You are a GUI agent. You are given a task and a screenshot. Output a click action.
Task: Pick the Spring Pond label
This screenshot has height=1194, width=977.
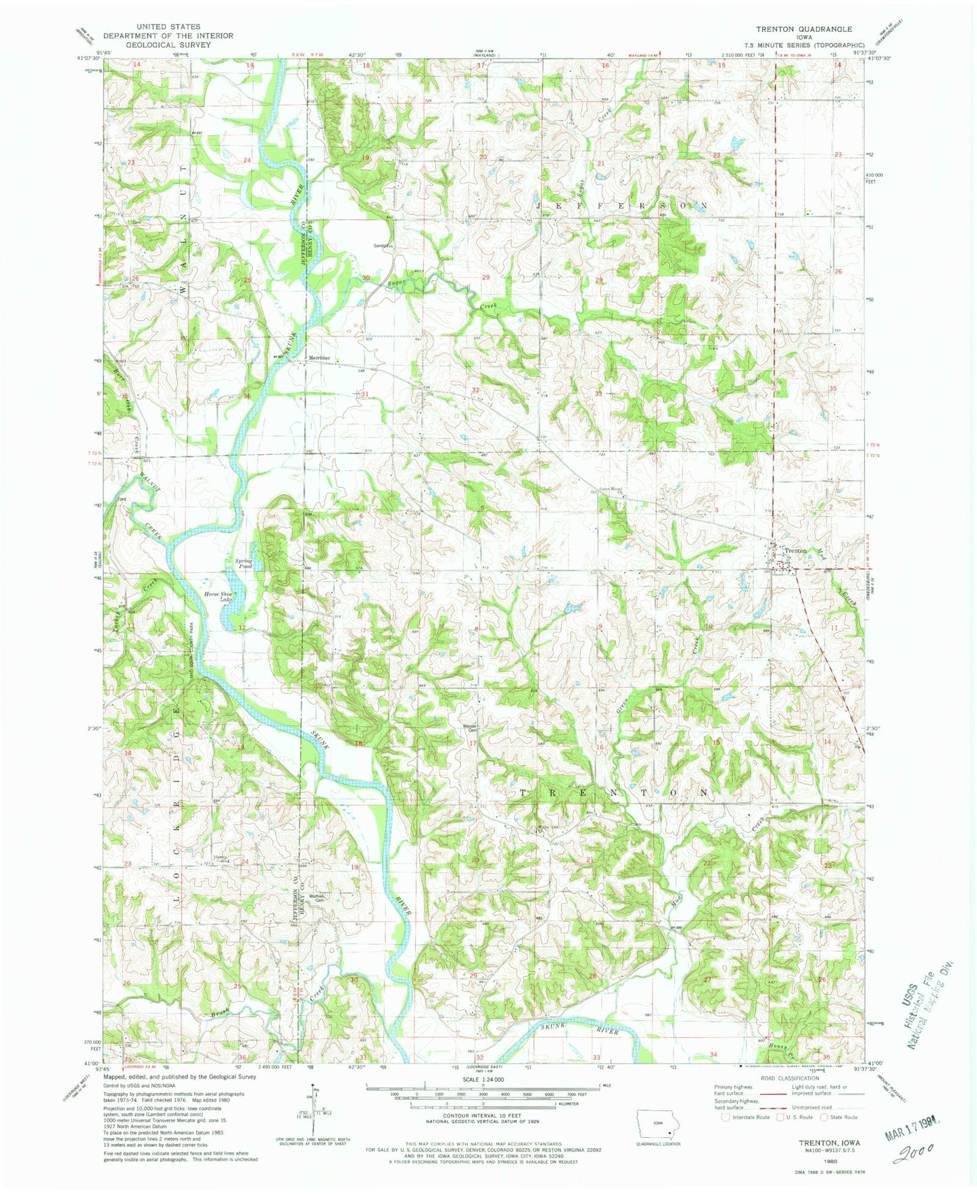click(x=243, y=563)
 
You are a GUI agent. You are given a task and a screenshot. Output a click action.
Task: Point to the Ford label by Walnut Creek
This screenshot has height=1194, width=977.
click(x=122, y=499)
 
